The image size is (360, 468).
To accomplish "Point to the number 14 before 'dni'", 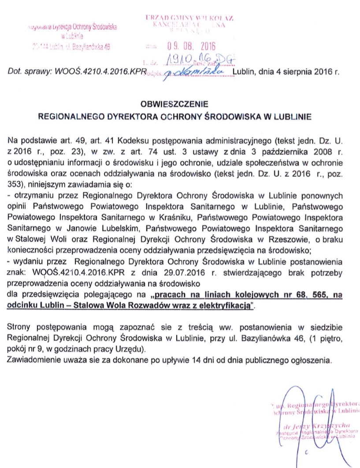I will click(x=185, y=359).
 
